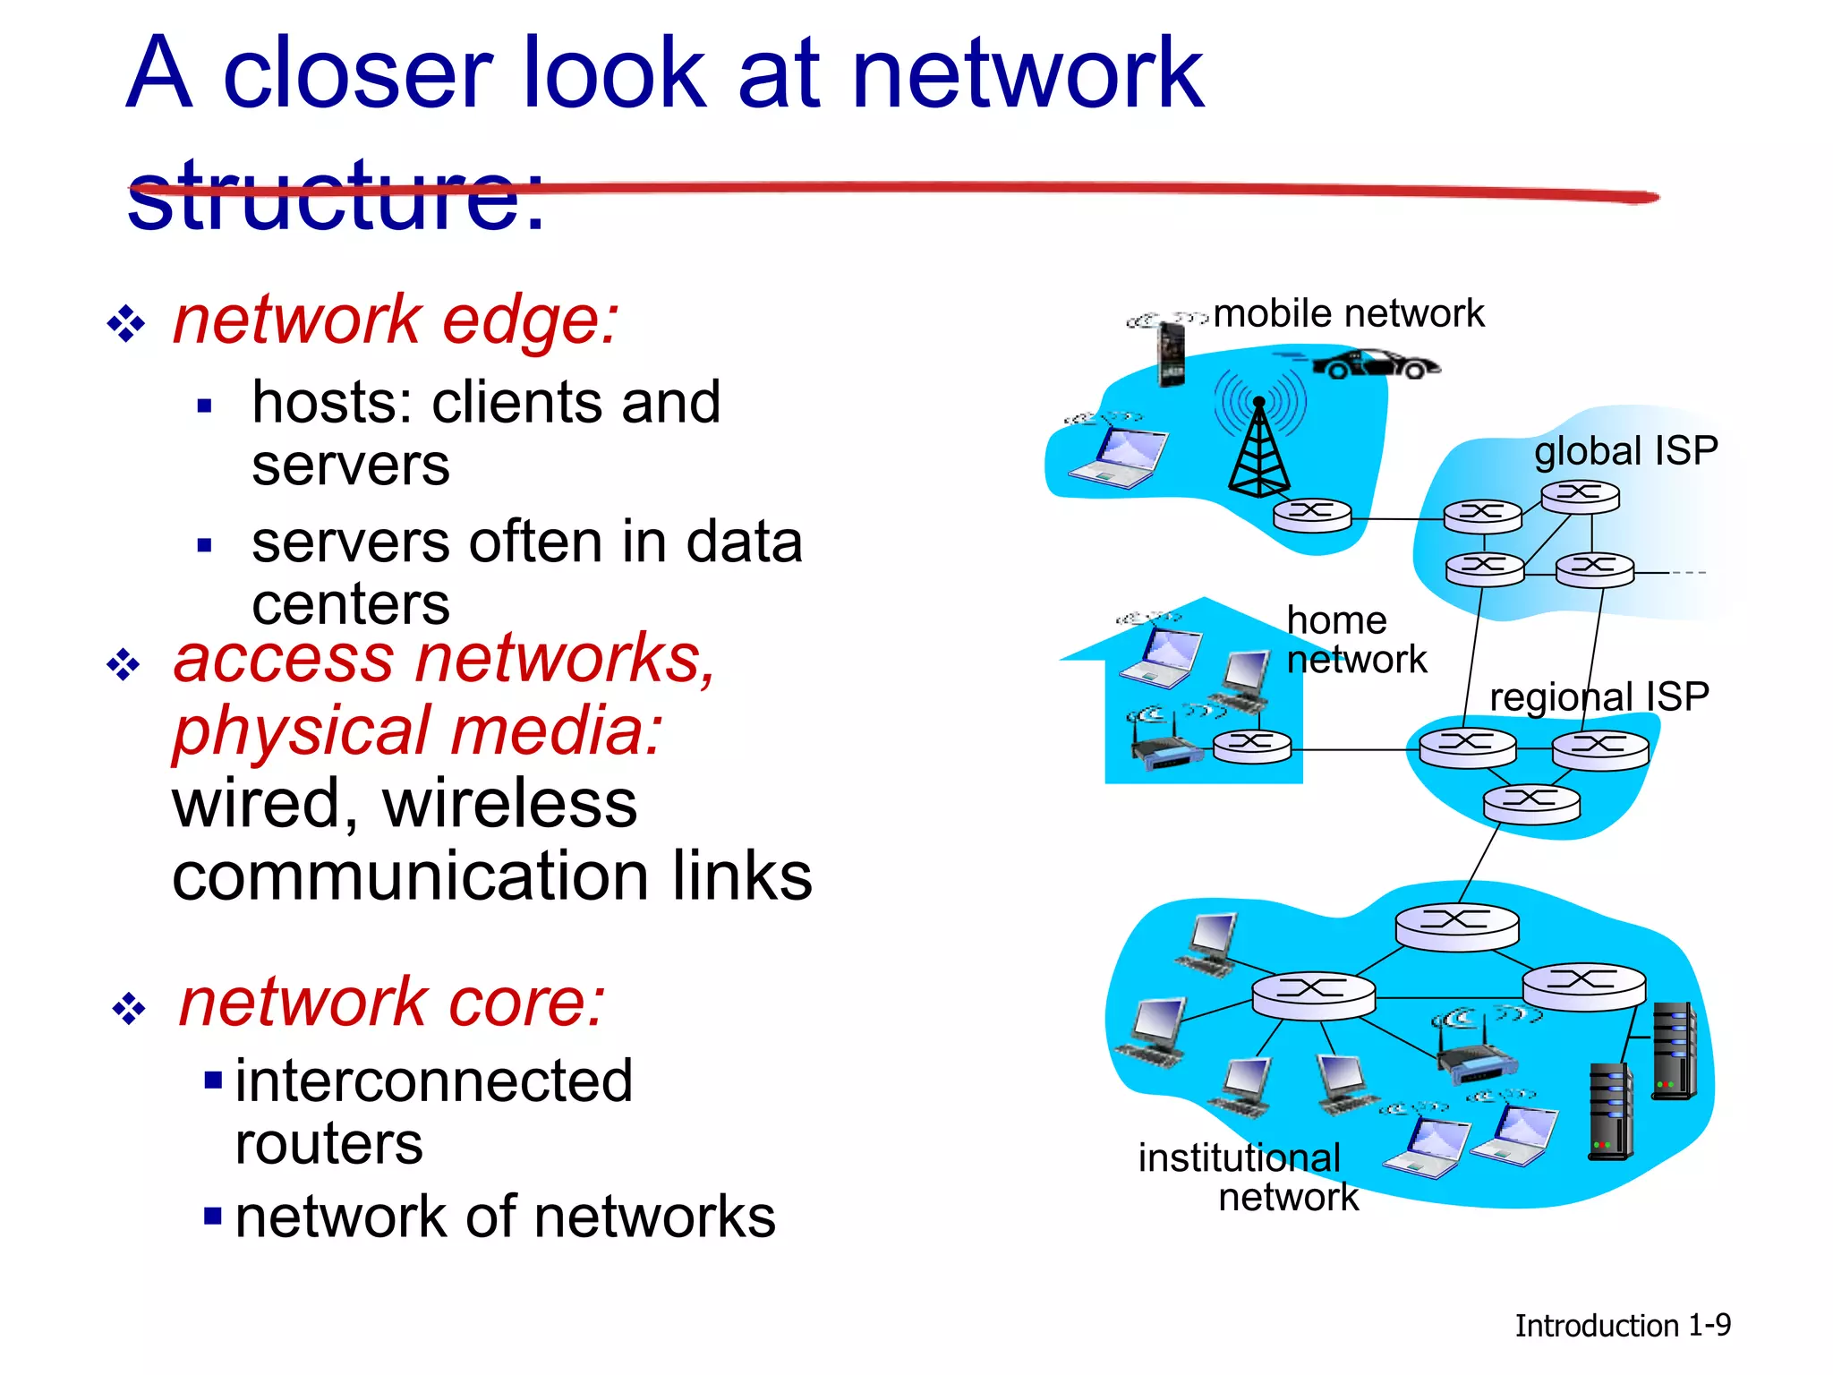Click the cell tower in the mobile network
(1259, 448)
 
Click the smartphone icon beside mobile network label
(1171, 353)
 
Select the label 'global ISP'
(1625, 450)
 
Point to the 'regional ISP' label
(1599, 696)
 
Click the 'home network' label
(1355, 639)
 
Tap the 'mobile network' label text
(1348, 314)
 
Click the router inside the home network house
(1252, 745)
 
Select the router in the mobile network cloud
(1312, 514)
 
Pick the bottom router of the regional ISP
(1531, 801)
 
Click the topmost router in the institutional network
(1456, 925)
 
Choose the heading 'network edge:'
(395, 320)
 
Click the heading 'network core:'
(392, 1002)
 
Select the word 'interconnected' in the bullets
(434, 1080)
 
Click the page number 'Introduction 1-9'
(1622, 1325)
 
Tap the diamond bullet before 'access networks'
(124, 665)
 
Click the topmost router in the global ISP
(1580, 496)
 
